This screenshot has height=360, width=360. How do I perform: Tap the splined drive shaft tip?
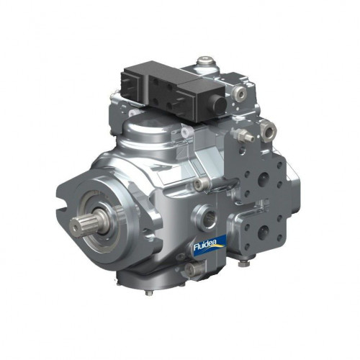click(76, 226)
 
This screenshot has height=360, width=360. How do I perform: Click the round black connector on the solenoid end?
click(220, 104)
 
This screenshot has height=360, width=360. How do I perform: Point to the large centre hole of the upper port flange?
click(264, 179)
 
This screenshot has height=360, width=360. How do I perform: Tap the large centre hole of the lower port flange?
click(264, 232)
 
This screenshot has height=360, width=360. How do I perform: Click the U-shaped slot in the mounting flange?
click(62, 204)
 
